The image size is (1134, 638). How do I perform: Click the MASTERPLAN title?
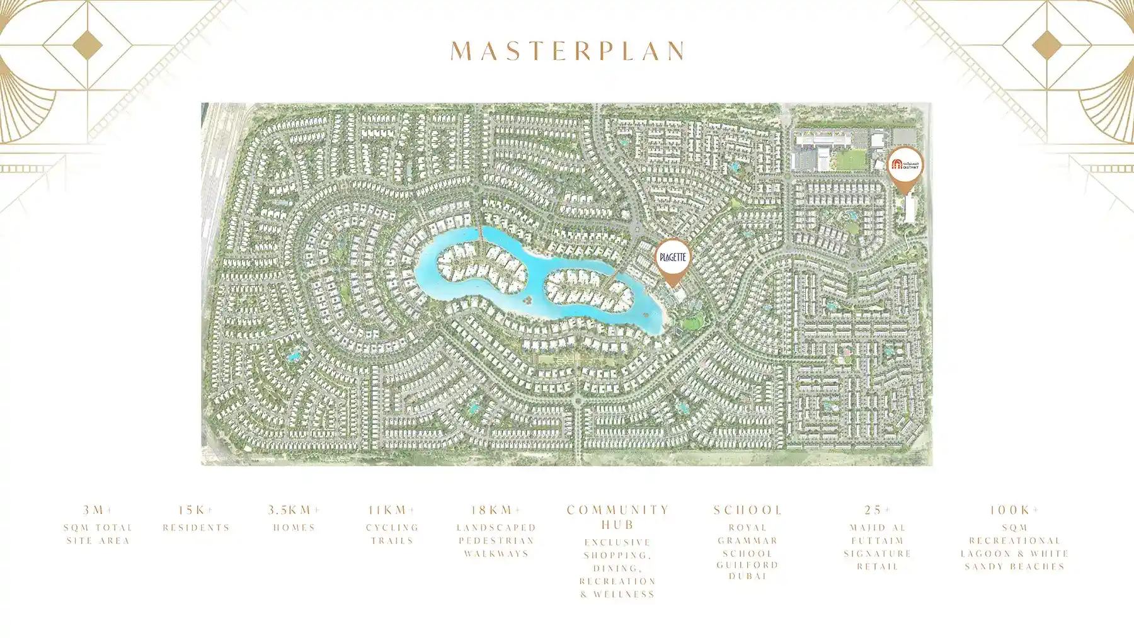pos(568,51)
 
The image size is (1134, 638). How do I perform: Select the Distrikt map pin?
pos(905,165)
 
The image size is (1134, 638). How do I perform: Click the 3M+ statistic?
pos(98,510)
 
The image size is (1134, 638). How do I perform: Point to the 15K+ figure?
pos(196,510)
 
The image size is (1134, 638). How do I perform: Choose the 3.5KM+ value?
pos(294,510)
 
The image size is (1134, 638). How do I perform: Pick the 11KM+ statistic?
pos(392,510)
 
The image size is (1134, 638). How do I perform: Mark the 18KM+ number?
pos(496,510)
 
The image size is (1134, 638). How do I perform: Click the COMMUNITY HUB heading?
pos(618,517)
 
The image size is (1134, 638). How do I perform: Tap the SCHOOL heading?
pos(748,510)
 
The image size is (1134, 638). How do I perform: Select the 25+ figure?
pos(878,510)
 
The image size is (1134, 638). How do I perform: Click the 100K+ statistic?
pos(1014,510)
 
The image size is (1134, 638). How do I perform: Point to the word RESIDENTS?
pos(196,528)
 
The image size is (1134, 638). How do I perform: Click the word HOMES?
pos(294,528)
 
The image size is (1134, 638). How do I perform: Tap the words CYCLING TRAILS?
pos(392,534)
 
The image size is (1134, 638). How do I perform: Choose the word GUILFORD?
pos(748,565)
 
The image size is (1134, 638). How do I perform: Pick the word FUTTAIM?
pos(878,540)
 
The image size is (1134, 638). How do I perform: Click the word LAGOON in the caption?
pos(986,554)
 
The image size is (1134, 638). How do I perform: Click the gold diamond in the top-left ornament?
pos(87,45)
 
